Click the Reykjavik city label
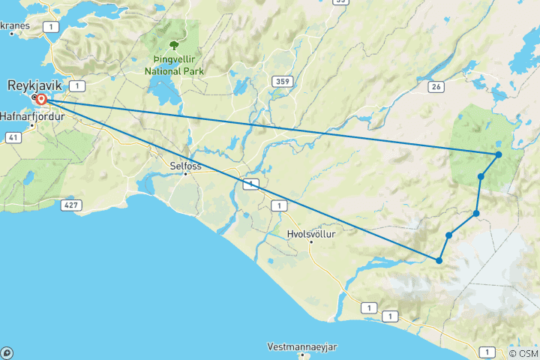click(x=34, y=85)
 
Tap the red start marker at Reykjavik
click(x=41, y=99)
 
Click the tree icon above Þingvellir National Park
click(x=175, y=45)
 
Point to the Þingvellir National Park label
click(x=175, y=65)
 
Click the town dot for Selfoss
click(x=185, y=174)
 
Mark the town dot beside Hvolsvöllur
click(x=310, y=243)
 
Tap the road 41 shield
click(x=13, y=137)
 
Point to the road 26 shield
click(x=436, y=87)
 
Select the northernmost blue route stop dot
click(x=498, y=154)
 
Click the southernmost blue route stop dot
click(x=439, y=260)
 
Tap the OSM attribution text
click(x=523, y=353)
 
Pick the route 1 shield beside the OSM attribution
click(x=487, y=352)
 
